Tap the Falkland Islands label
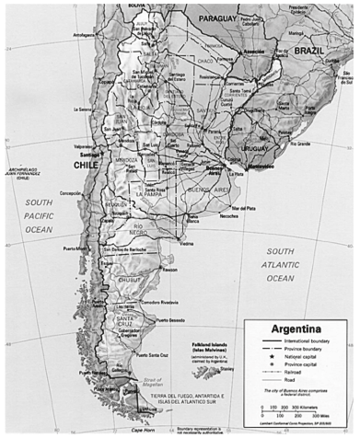tap(214, 338)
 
